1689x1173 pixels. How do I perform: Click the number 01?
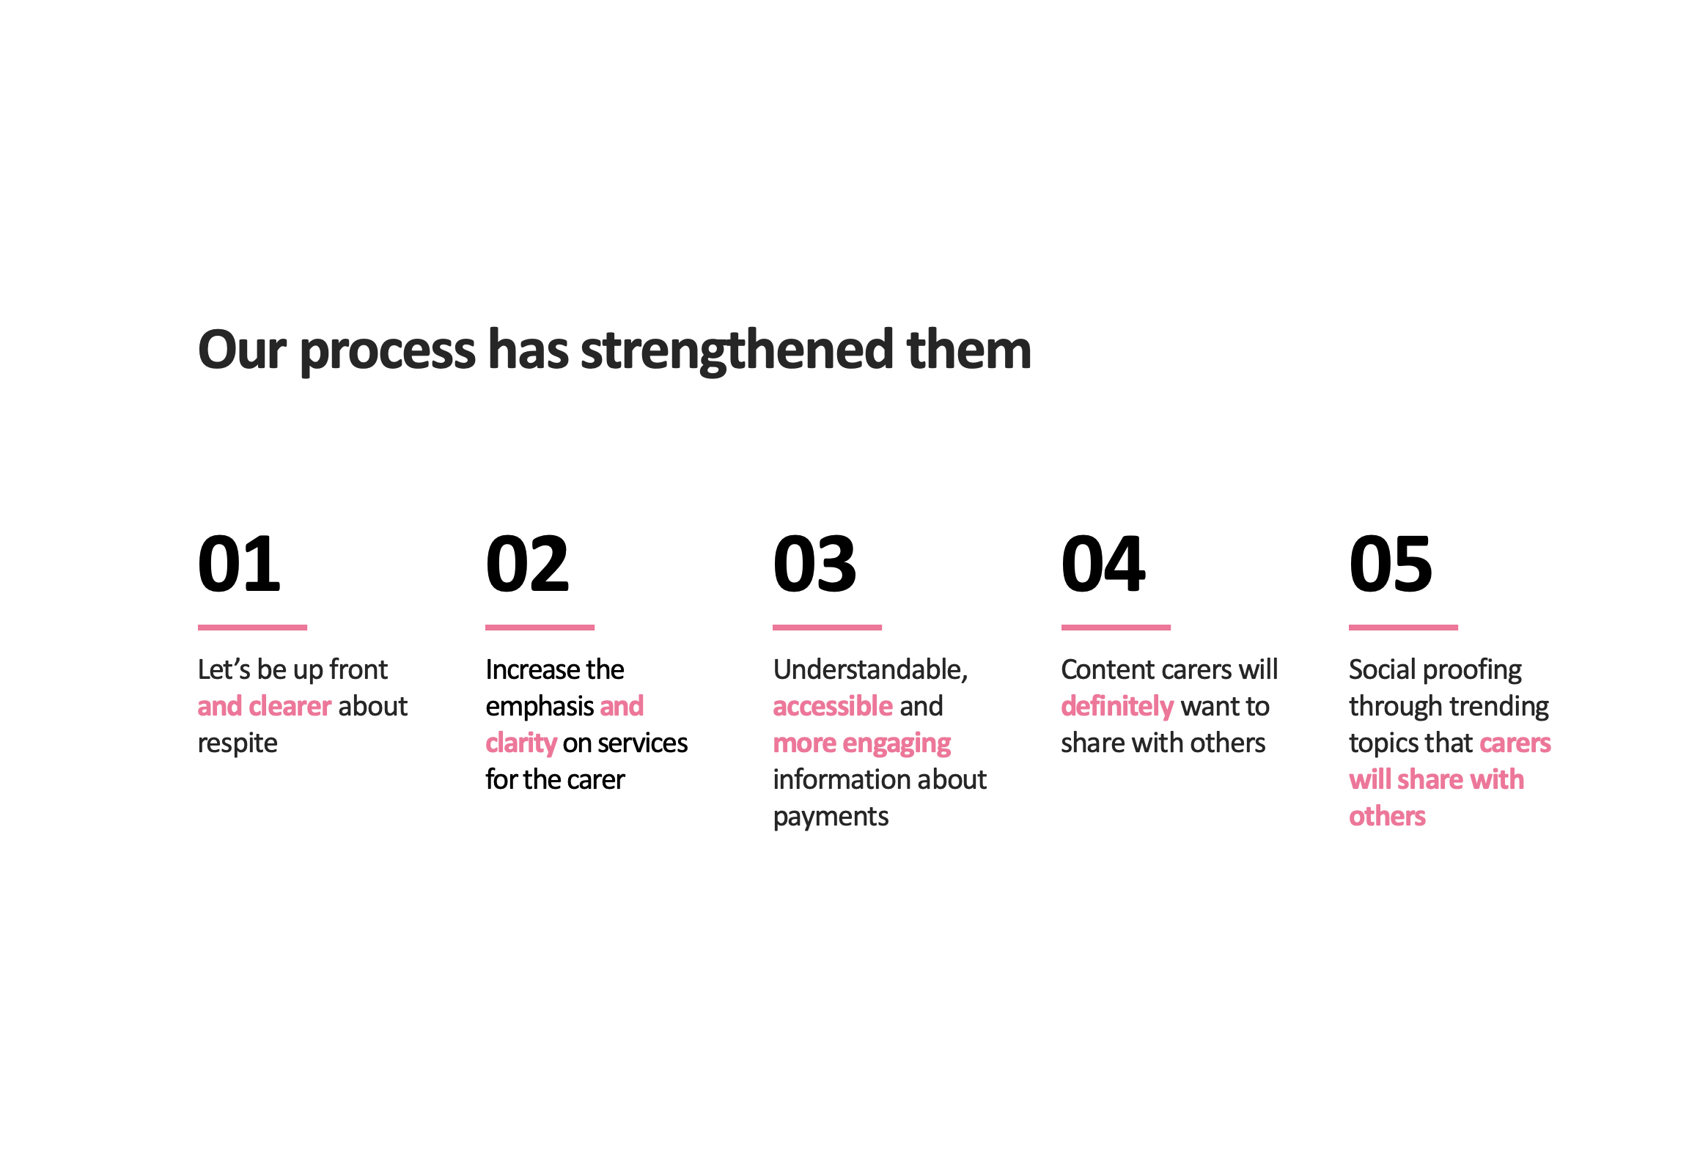click(x=239, y=564)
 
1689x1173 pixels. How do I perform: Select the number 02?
click(x=527, y=564)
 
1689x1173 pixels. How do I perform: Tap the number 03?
click(x=814, y=564)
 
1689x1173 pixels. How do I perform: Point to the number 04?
click(x=1103, y=564)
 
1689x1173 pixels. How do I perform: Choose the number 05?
click(x=1390, y=564)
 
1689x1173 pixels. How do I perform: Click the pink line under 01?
click(x=252, y=627)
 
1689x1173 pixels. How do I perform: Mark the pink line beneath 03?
click(x=827, y=627)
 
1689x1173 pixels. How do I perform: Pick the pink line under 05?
click(x=1403, y=627)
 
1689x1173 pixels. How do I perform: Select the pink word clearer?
click(x=290, y=706)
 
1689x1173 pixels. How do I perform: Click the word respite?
click(x=238, y=745)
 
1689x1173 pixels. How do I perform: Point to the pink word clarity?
click(x=521, y=744)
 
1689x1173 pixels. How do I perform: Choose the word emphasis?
click(x=540, y=707)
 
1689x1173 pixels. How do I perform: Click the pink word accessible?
click(x=833, y=706)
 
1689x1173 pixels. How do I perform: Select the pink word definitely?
click(x=1117, y=707)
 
